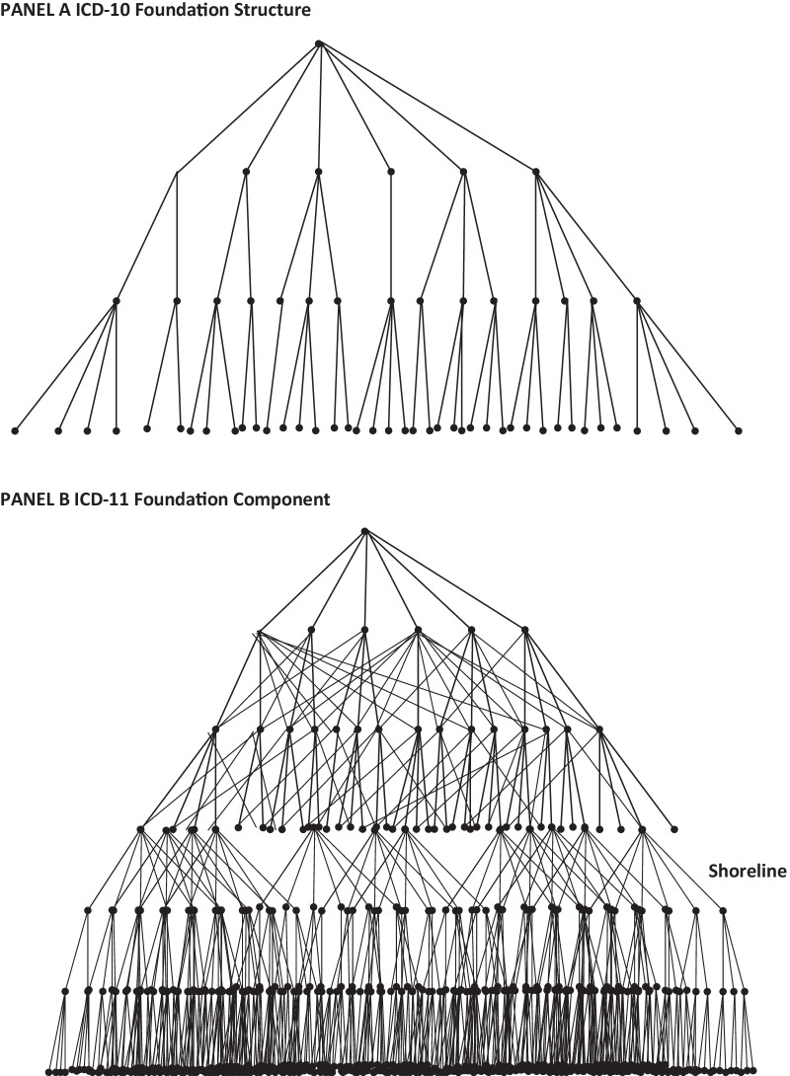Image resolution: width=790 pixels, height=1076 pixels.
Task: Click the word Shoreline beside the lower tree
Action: [x=748, y=871]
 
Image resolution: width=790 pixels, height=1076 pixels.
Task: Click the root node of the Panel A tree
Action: [x=319, y=43]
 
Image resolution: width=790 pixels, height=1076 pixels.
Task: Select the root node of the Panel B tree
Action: [x=365, y=532]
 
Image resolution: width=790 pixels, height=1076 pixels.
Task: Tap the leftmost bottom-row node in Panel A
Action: [x=15, y=430]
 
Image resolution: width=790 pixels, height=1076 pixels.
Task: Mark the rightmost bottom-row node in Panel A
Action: [x=738, y=430]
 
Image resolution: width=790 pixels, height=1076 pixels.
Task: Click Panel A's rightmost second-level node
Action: [x=536, y=172]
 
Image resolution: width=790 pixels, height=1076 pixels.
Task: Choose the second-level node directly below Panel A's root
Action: [x=319, y=172]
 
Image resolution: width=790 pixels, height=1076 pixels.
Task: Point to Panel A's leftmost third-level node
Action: [x=117, y=300]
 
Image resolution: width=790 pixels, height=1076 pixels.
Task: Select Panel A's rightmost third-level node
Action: [x=637, y=300]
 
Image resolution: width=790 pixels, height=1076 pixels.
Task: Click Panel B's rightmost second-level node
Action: [x=524, y=629]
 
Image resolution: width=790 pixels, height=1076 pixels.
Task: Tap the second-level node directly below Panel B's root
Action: [x=365, y=629]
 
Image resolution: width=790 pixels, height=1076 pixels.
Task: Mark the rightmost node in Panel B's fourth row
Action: [x=674, y=829]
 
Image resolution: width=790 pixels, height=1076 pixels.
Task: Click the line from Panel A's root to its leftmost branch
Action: [x=247, y=108]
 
